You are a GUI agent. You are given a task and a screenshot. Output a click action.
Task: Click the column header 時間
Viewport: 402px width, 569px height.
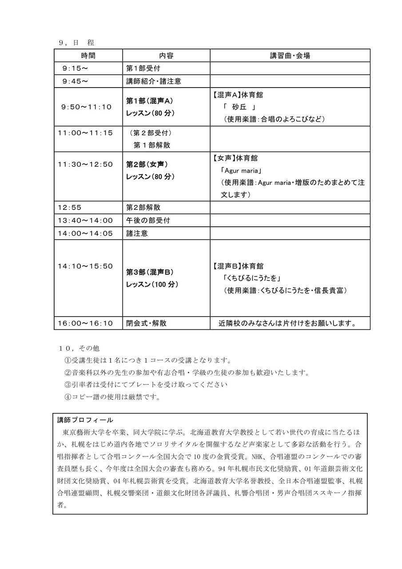(x=88, y=56)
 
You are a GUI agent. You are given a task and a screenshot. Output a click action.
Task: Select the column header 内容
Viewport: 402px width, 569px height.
(x=166, y=56)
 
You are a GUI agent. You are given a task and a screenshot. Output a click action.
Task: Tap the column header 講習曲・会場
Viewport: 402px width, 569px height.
(x=290, y=56)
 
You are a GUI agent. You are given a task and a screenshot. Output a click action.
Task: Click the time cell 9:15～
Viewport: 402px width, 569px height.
(x=76, y=68)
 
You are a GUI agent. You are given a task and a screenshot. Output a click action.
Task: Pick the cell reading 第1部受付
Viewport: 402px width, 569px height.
(x=143, y=68)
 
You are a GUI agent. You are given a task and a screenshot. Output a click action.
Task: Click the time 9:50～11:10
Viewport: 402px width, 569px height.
(x=87, y=107)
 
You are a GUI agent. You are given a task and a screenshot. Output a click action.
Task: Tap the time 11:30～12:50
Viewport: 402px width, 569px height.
(x=85, y=164)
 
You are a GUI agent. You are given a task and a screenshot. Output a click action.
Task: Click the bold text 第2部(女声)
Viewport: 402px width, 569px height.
(x=147, y=164)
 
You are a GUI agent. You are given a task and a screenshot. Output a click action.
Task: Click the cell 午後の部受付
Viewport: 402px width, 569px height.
(x=148, y=220)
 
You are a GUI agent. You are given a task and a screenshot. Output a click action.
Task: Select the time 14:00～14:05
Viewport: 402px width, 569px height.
(x=85, y=233)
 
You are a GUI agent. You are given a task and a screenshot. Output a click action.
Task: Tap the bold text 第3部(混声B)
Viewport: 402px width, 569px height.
(x=150, y=272)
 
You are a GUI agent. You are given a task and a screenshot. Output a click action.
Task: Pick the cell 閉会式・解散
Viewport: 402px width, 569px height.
(x=147, y=323)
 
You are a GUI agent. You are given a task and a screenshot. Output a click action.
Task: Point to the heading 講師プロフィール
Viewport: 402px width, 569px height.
(x=85, y=420)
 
